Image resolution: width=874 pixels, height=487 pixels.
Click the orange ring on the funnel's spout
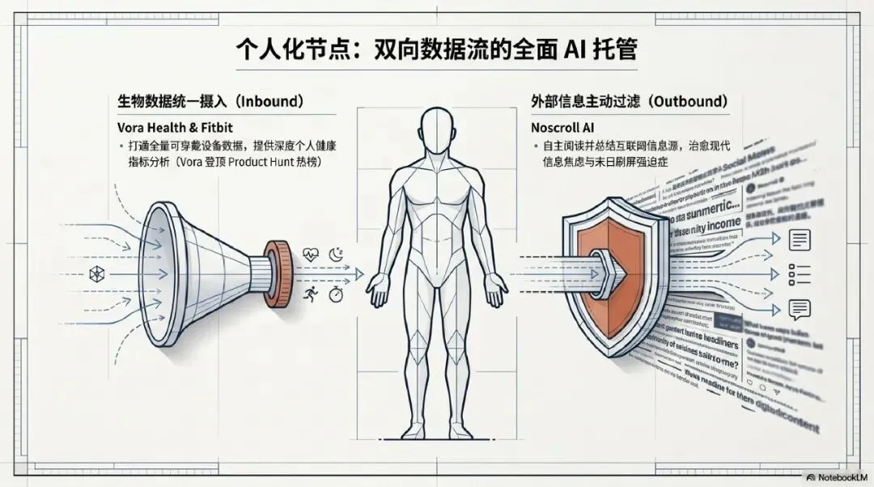point(277,267)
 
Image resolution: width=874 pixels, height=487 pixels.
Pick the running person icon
point(309,295)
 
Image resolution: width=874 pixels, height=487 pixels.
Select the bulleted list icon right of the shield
point(800,274)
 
